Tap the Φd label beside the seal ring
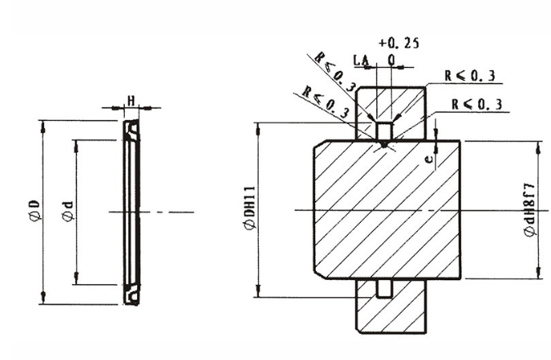click(x=68, y=211)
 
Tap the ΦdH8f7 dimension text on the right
click(x=531, y=211)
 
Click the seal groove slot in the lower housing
click(x=384, y=288)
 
